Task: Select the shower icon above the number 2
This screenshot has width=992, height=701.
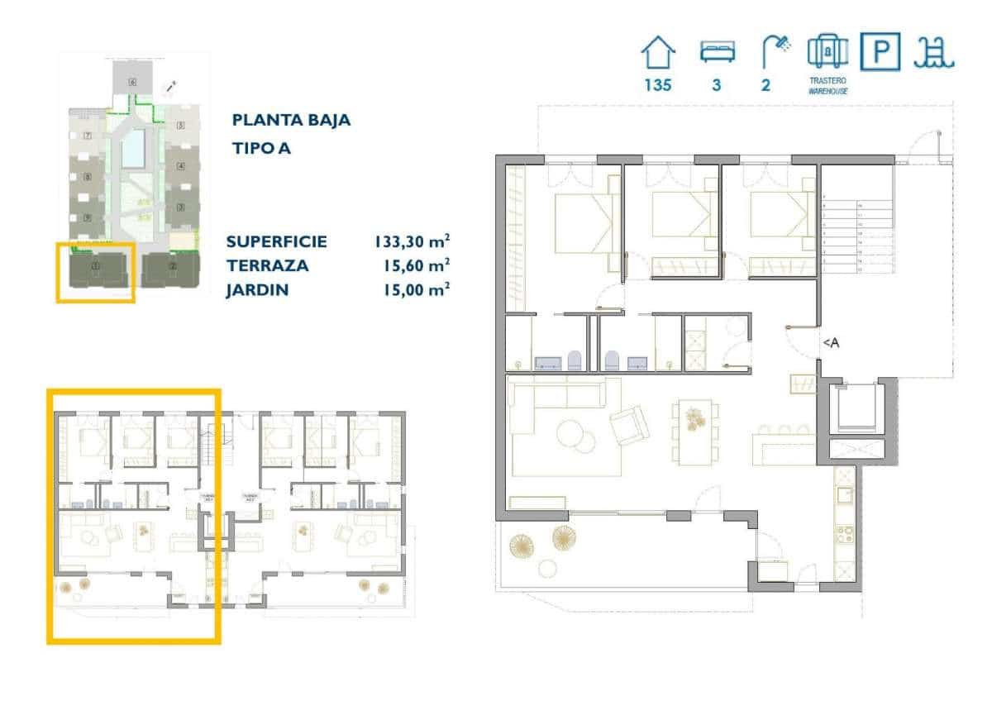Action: click(775, 51)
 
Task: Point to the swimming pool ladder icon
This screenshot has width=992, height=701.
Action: click(934, 52)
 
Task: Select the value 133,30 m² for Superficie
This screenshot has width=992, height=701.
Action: click(412, 242)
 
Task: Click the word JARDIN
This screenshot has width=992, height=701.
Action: click(257, 290)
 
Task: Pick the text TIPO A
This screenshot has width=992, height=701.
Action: click(261, 149)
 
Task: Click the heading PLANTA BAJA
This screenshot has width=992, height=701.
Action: click(291, 120)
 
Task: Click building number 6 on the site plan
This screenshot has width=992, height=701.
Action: click(131, 82)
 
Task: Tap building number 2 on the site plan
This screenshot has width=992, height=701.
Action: click(173, 267)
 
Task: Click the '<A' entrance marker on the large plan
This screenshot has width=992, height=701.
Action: click(830, 345)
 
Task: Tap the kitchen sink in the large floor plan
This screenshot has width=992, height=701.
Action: click(845, 495)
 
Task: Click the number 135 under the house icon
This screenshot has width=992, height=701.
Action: click(658, 84)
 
